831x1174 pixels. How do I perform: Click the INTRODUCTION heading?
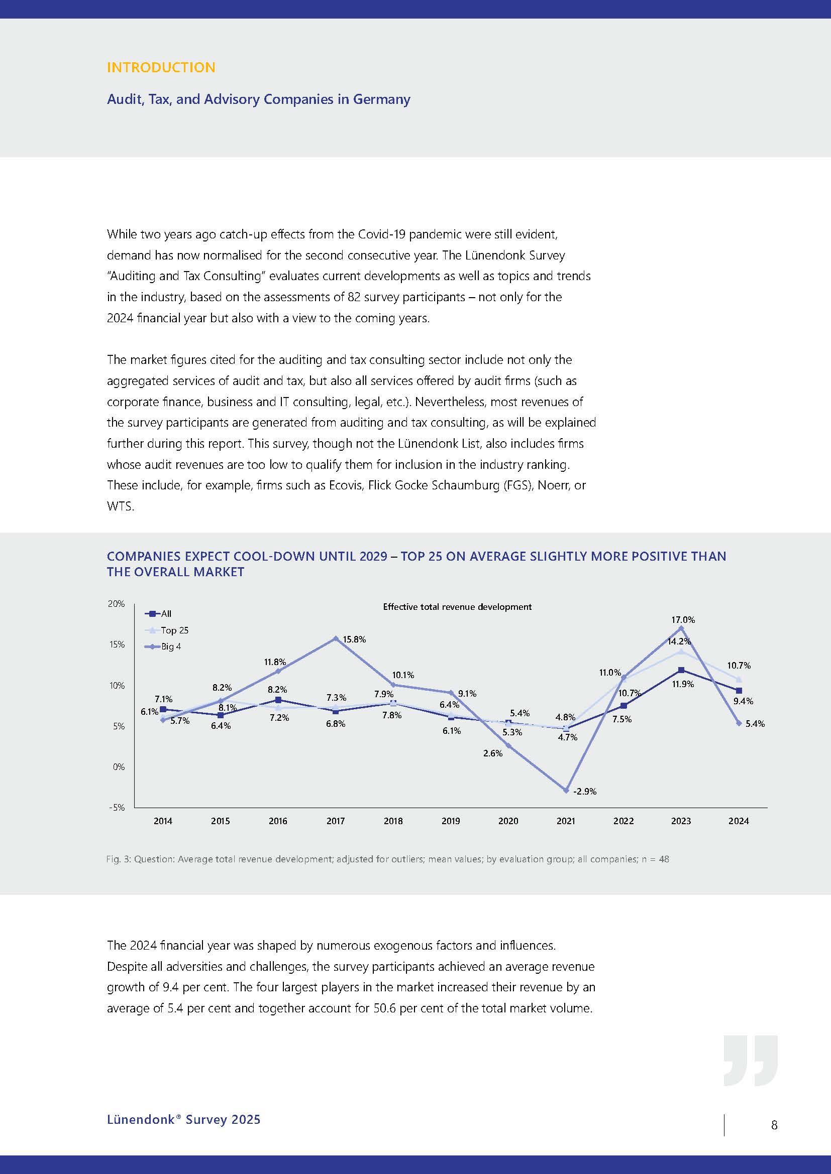tap(161, 67)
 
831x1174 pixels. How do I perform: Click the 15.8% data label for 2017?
tap(354, 639)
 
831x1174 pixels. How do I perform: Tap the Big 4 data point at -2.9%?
tap(566, 790)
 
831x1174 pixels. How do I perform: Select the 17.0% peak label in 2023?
tap(683, 620)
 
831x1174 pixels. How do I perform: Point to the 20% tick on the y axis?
tap(116, 603)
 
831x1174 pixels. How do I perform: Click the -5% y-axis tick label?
tap(116, 808)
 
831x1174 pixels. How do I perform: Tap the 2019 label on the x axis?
tap(450, 821)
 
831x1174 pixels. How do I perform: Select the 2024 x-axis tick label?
tap(739, 821)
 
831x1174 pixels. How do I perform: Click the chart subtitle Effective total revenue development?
tap(457, 607)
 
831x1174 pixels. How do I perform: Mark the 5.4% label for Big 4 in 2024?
tap(755, 724)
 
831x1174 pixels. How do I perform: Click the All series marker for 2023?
tap(681, 670)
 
